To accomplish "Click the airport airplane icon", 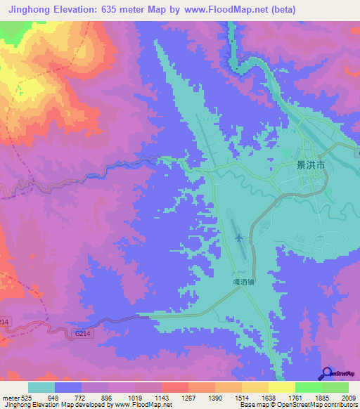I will pyautogui.click(x=240, y=238).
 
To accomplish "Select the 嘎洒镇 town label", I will pyautogui.click(x=243, y=280).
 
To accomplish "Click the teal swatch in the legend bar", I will pyautogui.click(x=41, y=387).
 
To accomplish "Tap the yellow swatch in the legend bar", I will pyautogui.click(x=282, y=387).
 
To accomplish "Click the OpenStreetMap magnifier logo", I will pyautogui.click(x=328, y=374).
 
